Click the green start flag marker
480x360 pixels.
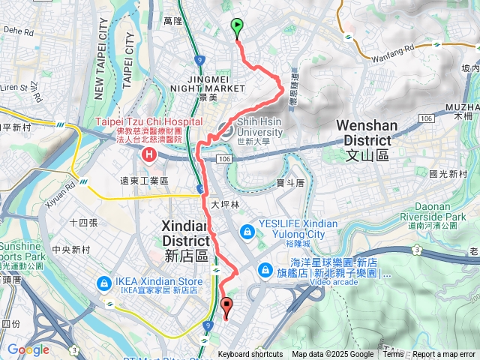pos(238,28)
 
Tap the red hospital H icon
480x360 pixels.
pos(148,155)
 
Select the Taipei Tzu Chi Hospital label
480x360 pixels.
pos(148,122)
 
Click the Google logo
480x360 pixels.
pos(28,349)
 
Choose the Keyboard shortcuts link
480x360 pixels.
pos(250,355)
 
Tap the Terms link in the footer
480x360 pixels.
pos(393,355)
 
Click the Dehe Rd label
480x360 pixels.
pos(19,32)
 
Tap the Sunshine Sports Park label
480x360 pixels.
pos(21,251)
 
